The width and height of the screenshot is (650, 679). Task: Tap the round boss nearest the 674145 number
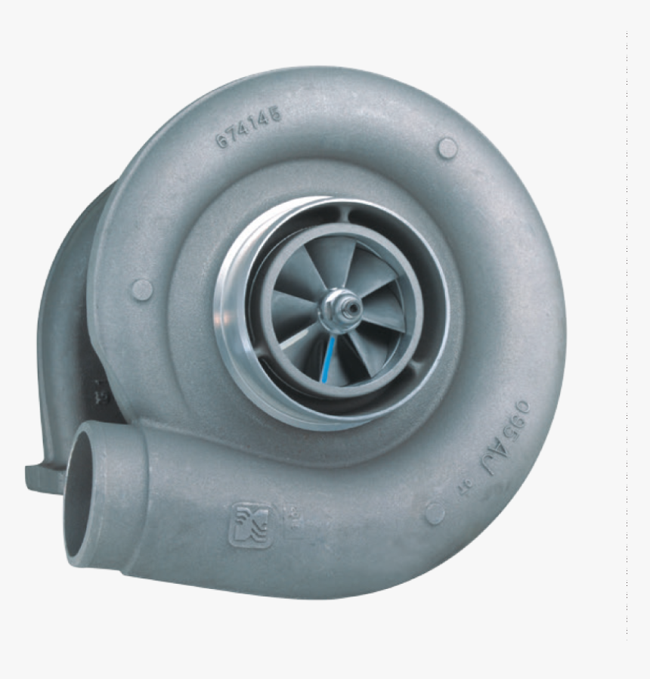click(x=447, y=147)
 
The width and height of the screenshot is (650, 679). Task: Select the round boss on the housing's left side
click(x=141, y=289)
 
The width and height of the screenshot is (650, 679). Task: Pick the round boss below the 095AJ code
click(x=435, y=513)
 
